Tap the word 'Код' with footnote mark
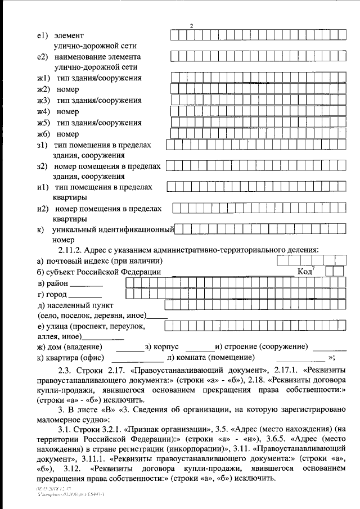[304, 272]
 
